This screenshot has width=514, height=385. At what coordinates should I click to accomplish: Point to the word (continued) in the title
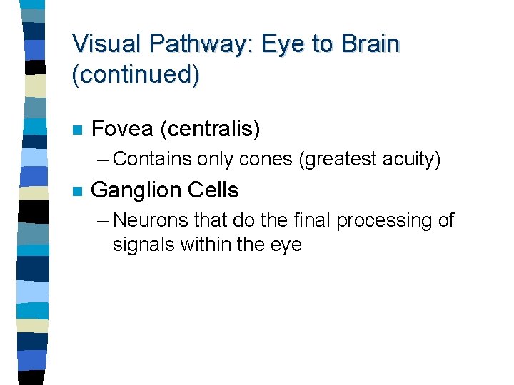click(x=136, y=75)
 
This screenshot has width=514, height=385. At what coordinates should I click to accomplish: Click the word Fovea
click(x=122, y=130)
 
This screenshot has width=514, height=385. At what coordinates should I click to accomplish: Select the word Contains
click(x=153, y=159)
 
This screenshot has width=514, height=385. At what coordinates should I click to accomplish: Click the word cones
click(x=266, y=159)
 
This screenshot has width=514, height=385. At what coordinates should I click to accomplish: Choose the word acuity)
click(x=412, y=160)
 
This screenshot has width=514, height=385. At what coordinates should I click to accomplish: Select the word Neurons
click(x=154, y=220)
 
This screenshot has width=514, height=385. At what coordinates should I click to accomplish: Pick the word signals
click(x=143, y=245)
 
